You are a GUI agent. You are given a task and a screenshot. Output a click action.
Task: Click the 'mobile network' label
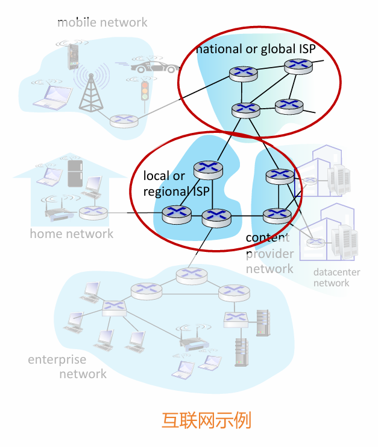(102, 22)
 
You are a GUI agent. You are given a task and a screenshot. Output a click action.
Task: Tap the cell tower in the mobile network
(91, 91)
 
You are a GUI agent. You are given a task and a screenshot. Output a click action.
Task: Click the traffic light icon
(145, 90)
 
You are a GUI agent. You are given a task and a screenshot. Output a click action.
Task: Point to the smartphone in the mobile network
(74, 55)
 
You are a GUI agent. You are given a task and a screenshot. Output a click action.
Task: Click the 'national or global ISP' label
(256, 49)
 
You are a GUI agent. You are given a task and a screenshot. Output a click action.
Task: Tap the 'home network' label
(72, 233)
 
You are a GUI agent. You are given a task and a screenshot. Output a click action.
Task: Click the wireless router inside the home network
(54, 211)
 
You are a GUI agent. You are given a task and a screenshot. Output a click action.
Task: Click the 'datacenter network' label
(336, 277)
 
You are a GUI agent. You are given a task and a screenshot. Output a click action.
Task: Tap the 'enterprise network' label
(66, 367)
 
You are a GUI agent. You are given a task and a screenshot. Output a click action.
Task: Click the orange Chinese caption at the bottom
(206, 420)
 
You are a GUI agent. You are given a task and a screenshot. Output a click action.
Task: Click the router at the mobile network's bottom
(124, 120)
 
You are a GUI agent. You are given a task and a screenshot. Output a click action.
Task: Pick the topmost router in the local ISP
(207, 168)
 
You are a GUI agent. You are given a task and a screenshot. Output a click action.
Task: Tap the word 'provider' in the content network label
(269, 253)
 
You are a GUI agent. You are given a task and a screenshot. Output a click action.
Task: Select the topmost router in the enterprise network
(191, 275)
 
